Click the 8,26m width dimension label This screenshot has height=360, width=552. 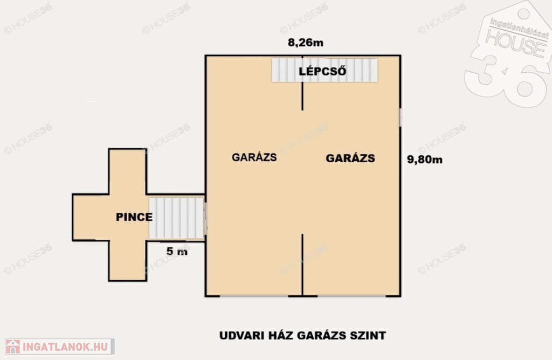pyautogui.click(x=306, y=43)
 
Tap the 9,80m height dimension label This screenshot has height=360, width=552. pyautogui.click(x=425, y=160)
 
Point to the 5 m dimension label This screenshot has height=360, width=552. pyautogui.click(x=177, y=251)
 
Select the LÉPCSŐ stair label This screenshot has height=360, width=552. pyautogui.click(x=322, y=71)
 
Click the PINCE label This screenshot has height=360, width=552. pyautogui.click(x=134, y=217)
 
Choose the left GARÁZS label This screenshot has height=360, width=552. pyautogui.click(x=254, y=157)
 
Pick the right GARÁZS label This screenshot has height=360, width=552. pyautogui.click(x=350, y=158)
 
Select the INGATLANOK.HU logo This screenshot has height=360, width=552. pyautogui.click(x=59, y=347)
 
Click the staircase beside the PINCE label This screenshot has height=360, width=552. pyautogui.click(x=176, y=218)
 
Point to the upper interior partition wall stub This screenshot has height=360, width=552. pyautogui.click(x=302, y=83)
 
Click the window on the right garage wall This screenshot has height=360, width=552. pyautogui.click(x=401, y=117)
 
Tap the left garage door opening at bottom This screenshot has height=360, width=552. pyautogui.click(x=254, y=296)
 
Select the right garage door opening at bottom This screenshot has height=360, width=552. pyautogui.click(x=351, y=296)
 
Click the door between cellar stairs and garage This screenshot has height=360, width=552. pyautogui.click(x=205, y=218)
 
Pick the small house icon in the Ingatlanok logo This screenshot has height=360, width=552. pyautogui.click(x=13, y=347)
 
